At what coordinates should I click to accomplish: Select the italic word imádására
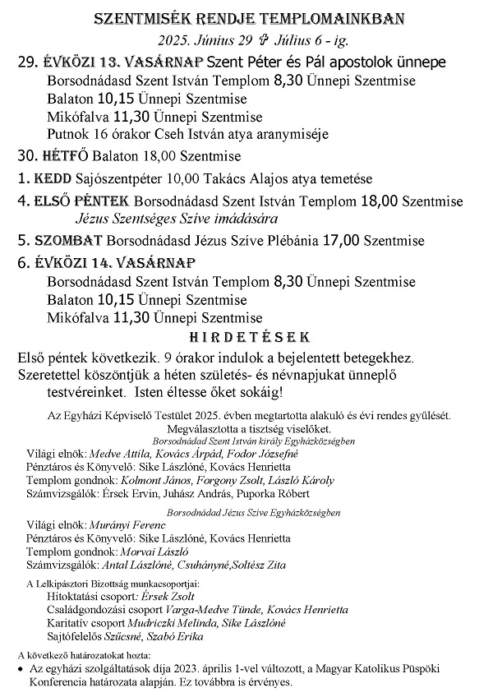coord(247,219)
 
